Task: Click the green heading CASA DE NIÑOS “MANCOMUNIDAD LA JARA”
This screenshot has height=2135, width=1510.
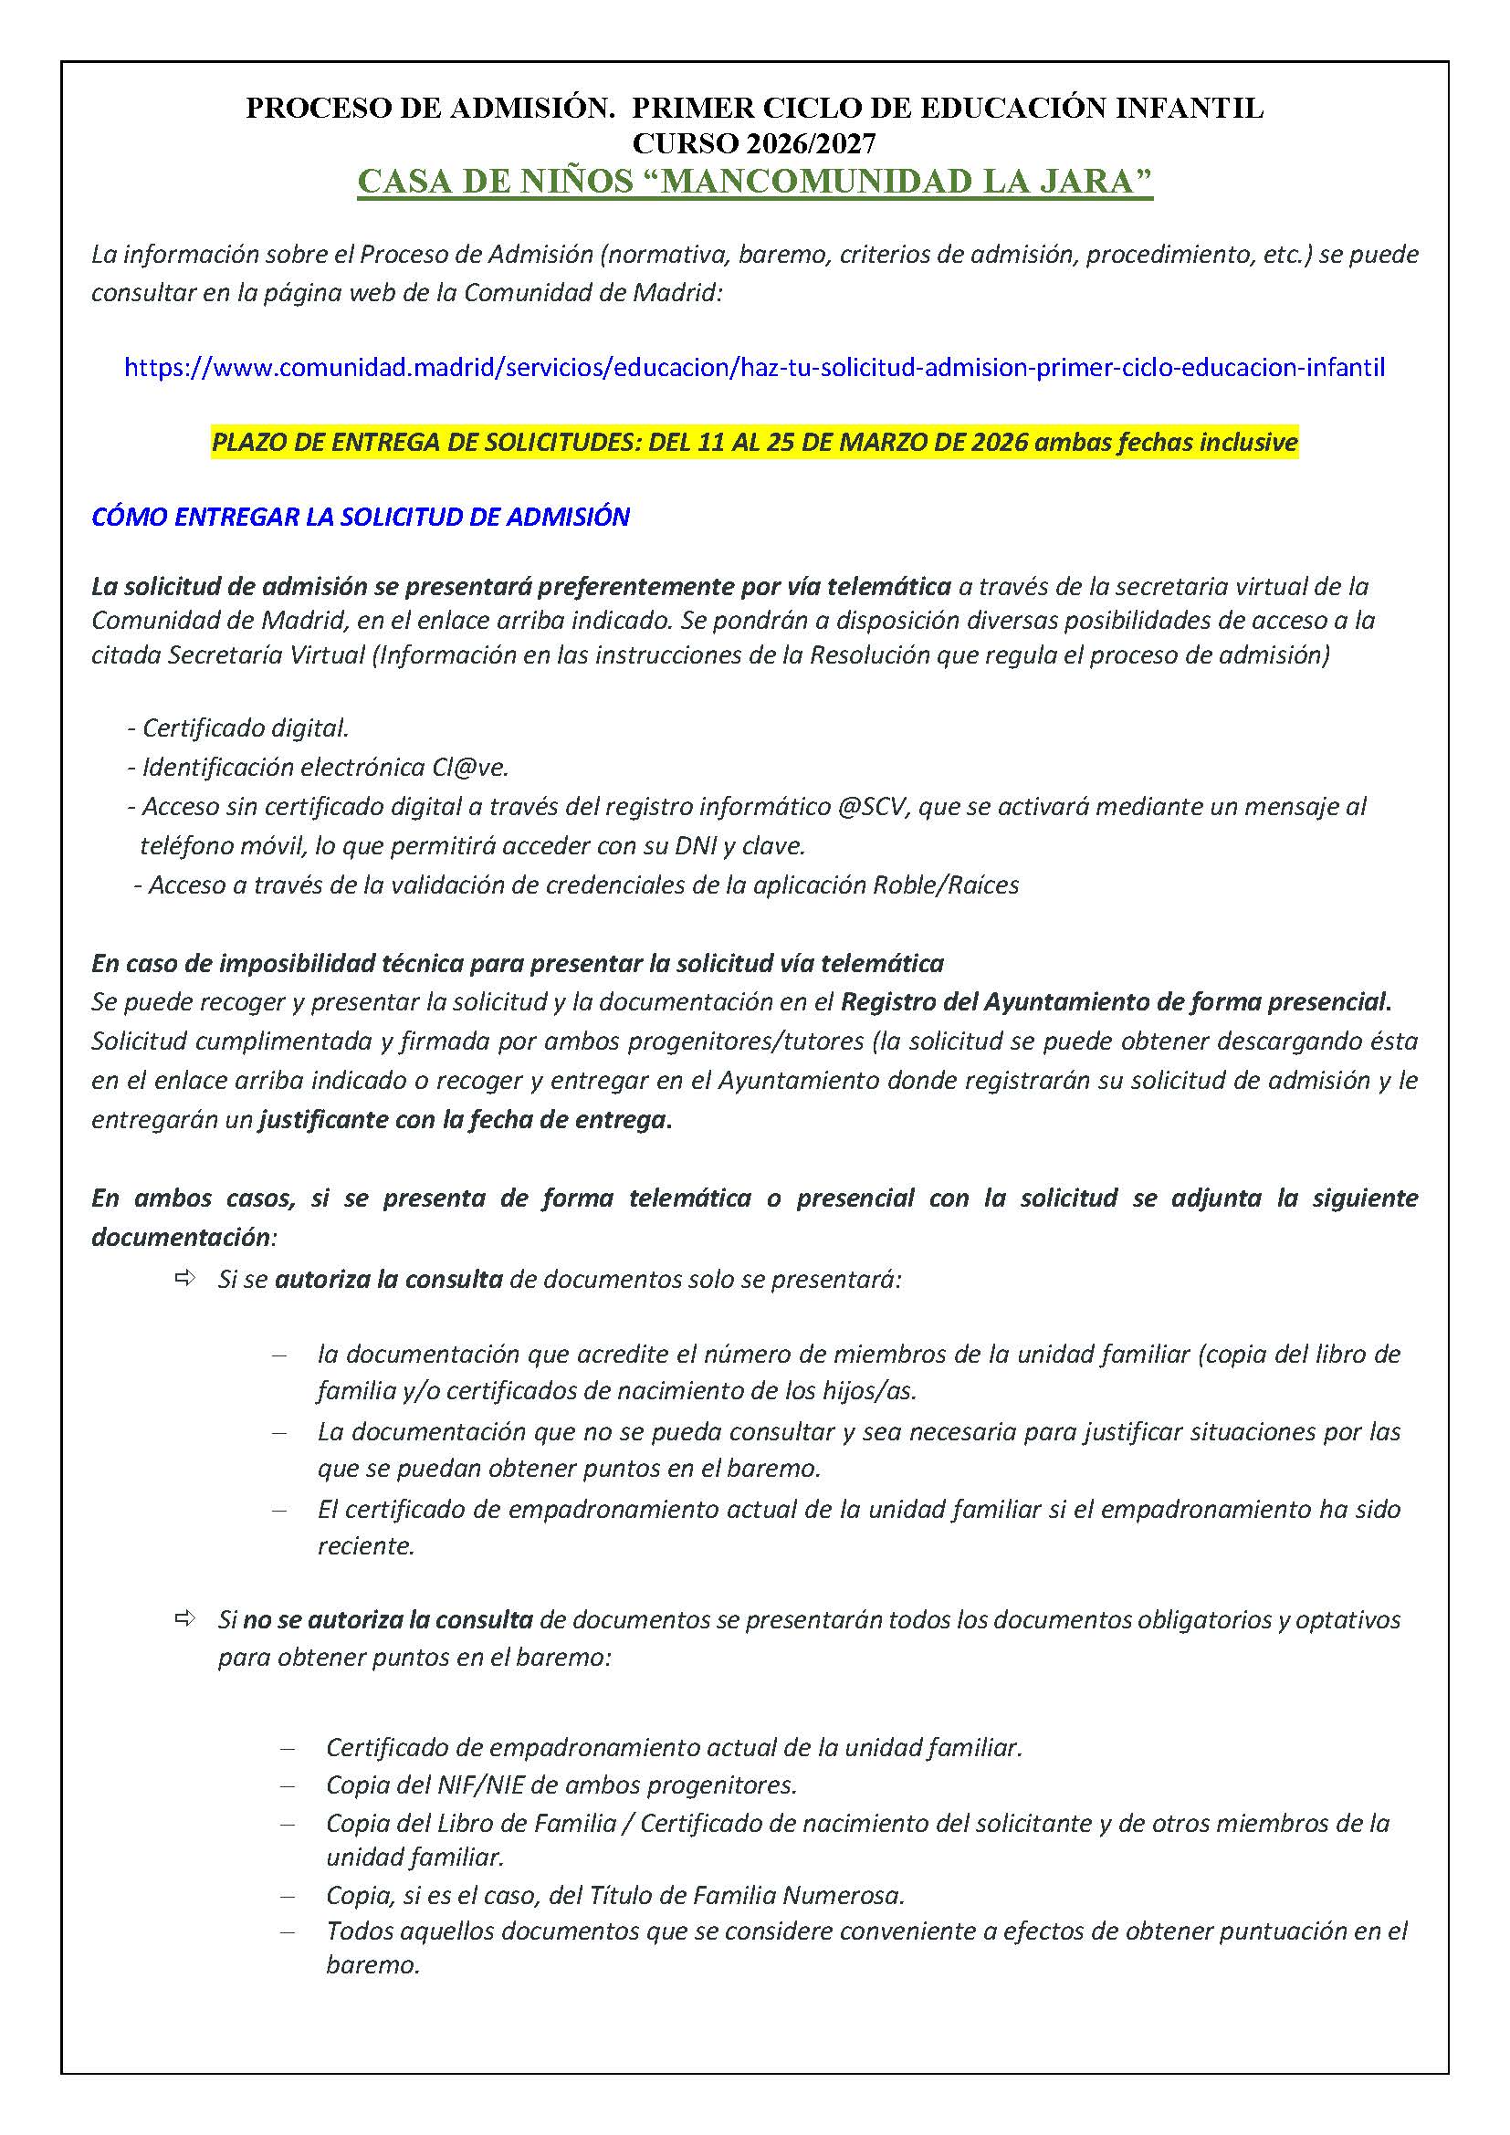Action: [754, 182]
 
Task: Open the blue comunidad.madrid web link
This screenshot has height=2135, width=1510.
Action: [754, 367]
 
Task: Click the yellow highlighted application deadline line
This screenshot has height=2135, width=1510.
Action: [754, 442]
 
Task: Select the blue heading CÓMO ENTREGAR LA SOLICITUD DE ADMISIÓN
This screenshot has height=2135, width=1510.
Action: [361, 517]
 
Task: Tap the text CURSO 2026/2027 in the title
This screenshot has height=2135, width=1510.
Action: [754, 143]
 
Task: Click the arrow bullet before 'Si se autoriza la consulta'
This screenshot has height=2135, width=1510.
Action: [184, 1279]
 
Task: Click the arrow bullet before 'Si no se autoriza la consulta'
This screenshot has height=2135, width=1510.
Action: [184, 1619]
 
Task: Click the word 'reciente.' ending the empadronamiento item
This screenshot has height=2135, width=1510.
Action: [365, 1546]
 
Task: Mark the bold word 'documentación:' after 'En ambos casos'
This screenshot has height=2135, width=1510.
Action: [184, 1237]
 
